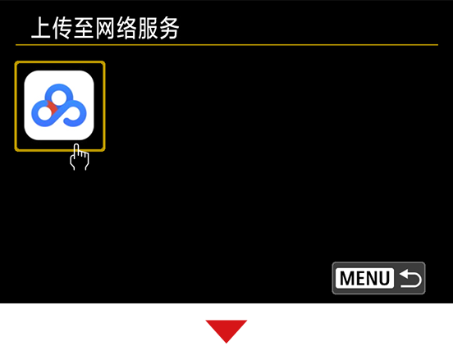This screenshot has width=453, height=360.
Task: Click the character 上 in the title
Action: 41,28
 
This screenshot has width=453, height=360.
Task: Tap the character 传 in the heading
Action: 62,28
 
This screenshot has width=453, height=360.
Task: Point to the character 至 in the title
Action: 84,28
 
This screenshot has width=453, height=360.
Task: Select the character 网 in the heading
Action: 105,28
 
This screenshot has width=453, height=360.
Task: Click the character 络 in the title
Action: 126,28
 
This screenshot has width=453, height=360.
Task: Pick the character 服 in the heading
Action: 148,28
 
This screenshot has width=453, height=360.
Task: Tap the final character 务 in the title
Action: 169,28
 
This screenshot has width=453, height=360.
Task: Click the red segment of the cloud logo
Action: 52,108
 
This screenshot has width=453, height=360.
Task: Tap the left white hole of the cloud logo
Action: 44,113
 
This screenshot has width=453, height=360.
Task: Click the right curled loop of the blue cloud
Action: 75,113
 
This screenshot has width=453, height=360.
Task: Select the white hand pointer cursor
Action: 79,157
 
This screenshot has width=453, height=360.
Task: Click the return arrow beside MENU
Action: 410,278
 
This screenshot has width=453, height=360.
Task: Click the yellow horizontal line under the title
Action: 226,45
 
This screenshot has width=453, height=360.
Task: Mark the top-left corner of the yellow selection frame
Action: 16,62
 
